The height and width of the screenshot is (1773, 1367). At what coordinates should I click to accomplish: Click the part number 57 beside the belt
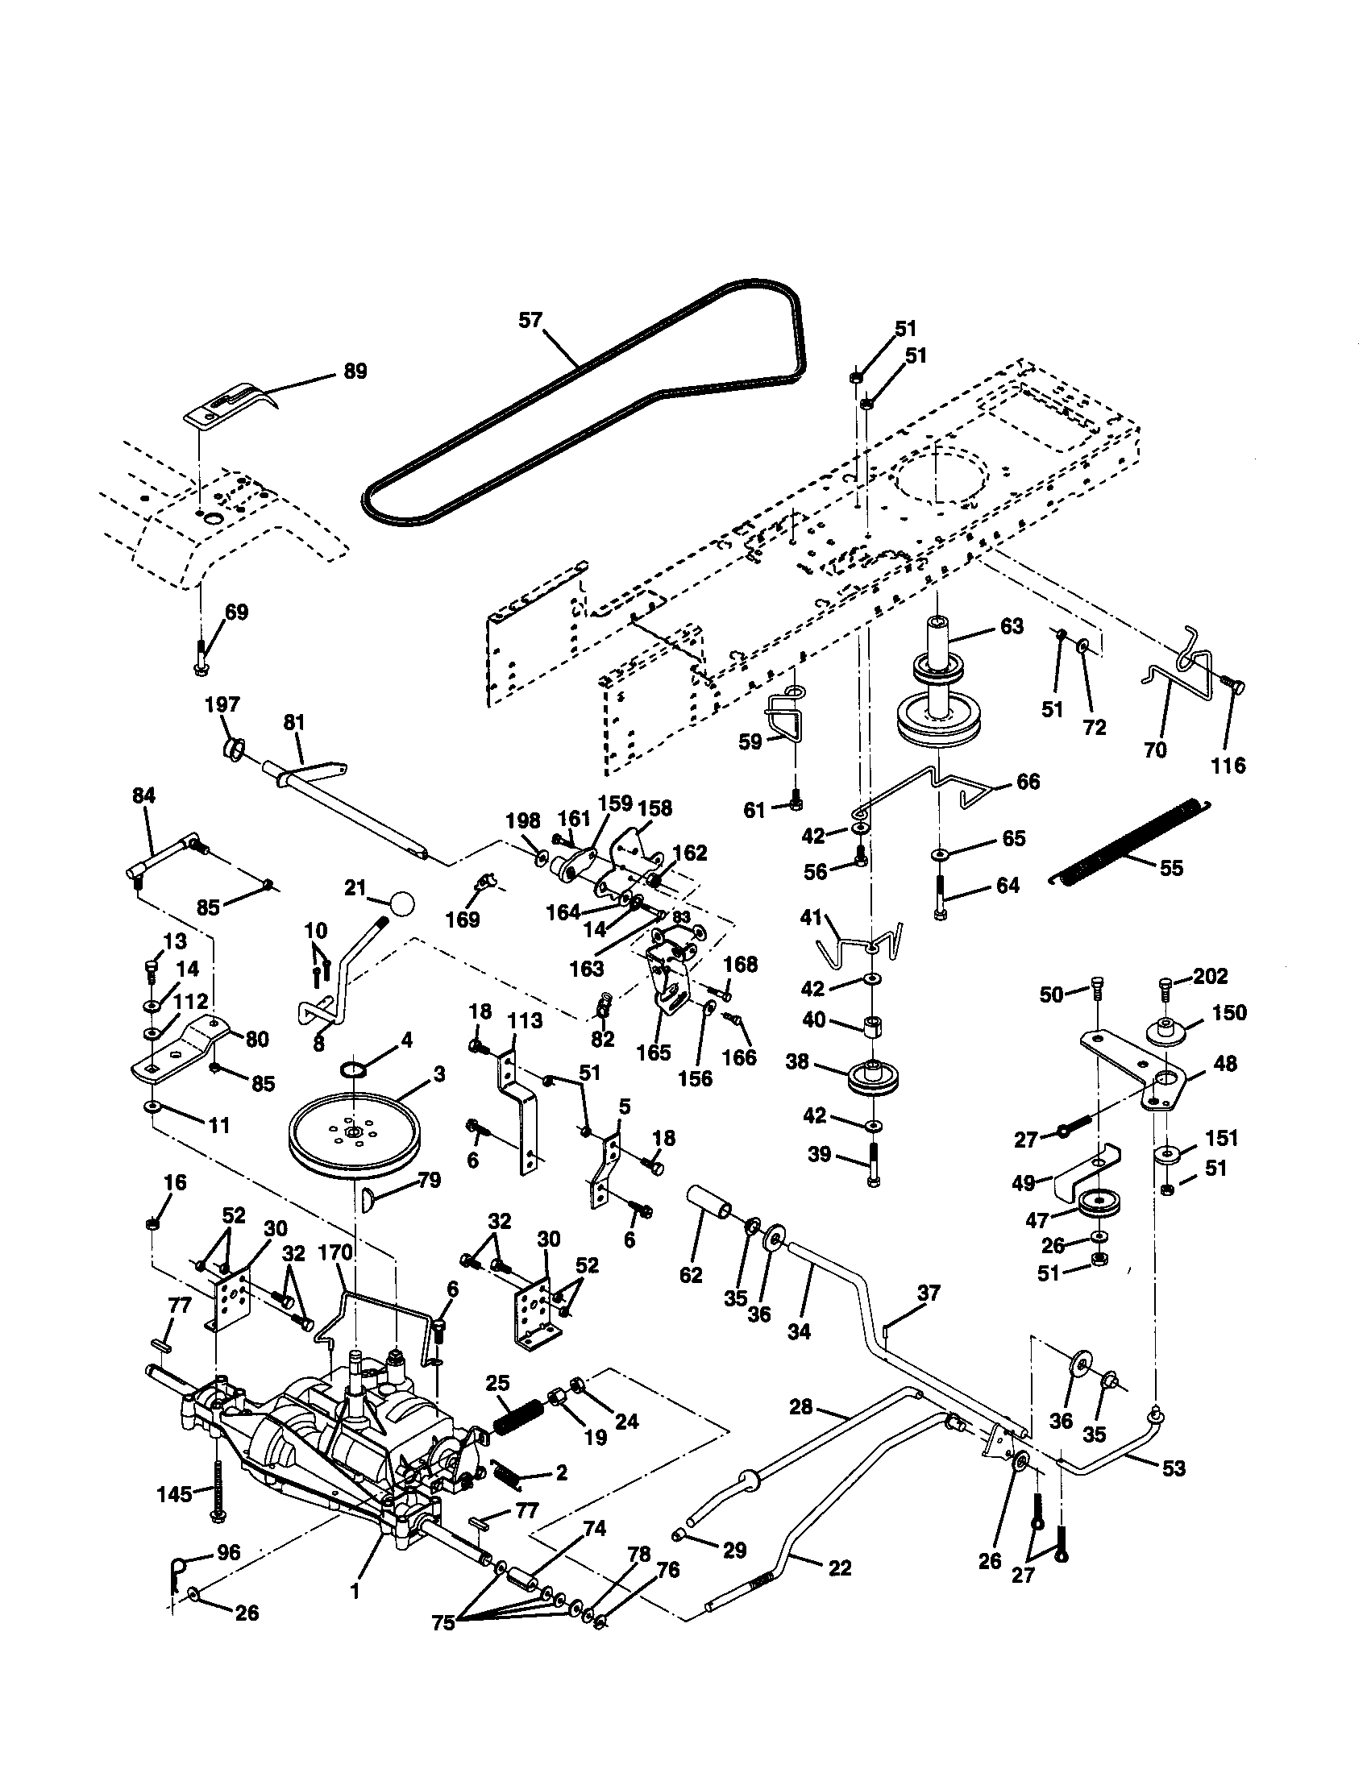pos(530,320)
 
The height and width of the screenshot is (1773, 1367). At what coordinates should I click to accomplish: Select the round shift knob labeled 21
pos(402,903)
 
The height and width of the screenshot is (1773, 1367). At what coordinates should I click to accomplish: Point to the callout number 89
pos(355,371)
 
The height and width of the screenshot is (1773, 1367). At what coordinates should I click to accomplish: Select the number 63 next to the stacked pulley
pos(1012,626)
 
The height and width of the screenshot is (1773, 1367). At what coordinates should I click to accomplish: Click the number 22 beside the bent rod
pos(838,1567)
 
